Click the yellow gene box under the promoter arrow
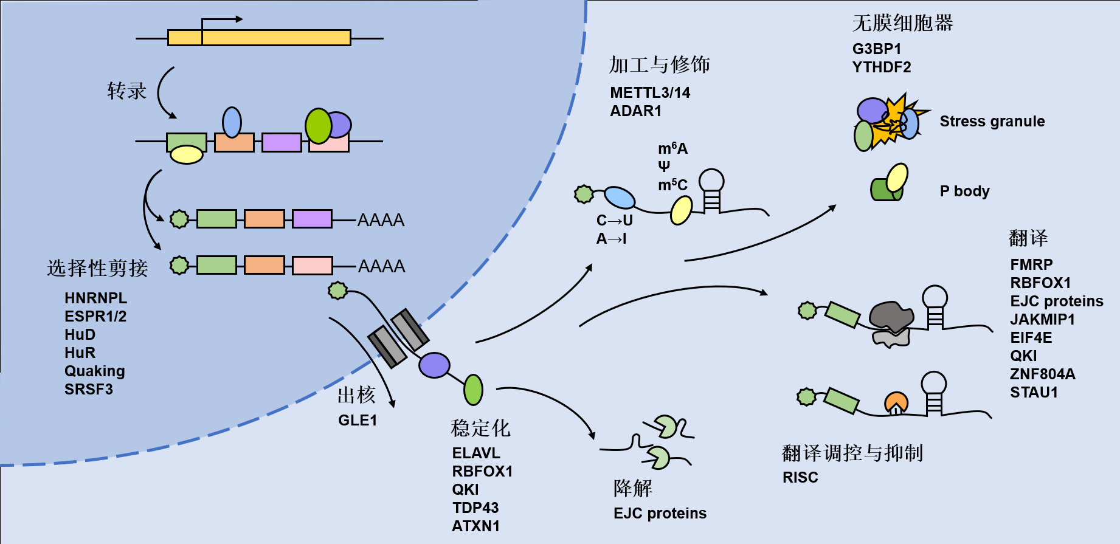tap(259, 38)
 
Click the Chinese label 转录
tap(127, 91)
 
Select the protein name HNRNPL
tap(95, 298)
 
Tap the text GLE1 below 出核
tap(358, 421)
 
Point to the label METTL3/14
tap(650, 93)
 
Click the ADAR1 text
tap(635, 111)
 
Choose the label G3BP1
tap(876, 49)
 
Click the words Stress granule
tap(992, 122)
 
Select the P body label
tap(964, 191)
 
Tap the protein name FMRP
tap(1031, 265)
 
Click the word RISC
tap(800, 478)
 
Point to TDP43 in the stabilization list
tap(475, 508)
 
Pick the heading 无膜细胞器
tap(902, 23)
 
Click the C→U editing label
tap(614, 221)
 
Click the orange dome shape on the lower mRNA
tap(896, 403)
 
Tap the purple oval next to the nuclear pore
tap(434, 365)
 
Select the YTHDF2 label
tap(881, 67)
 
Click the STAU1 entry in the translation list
tap(1034, 393)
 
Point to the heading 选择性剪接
tap(97, 268)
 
